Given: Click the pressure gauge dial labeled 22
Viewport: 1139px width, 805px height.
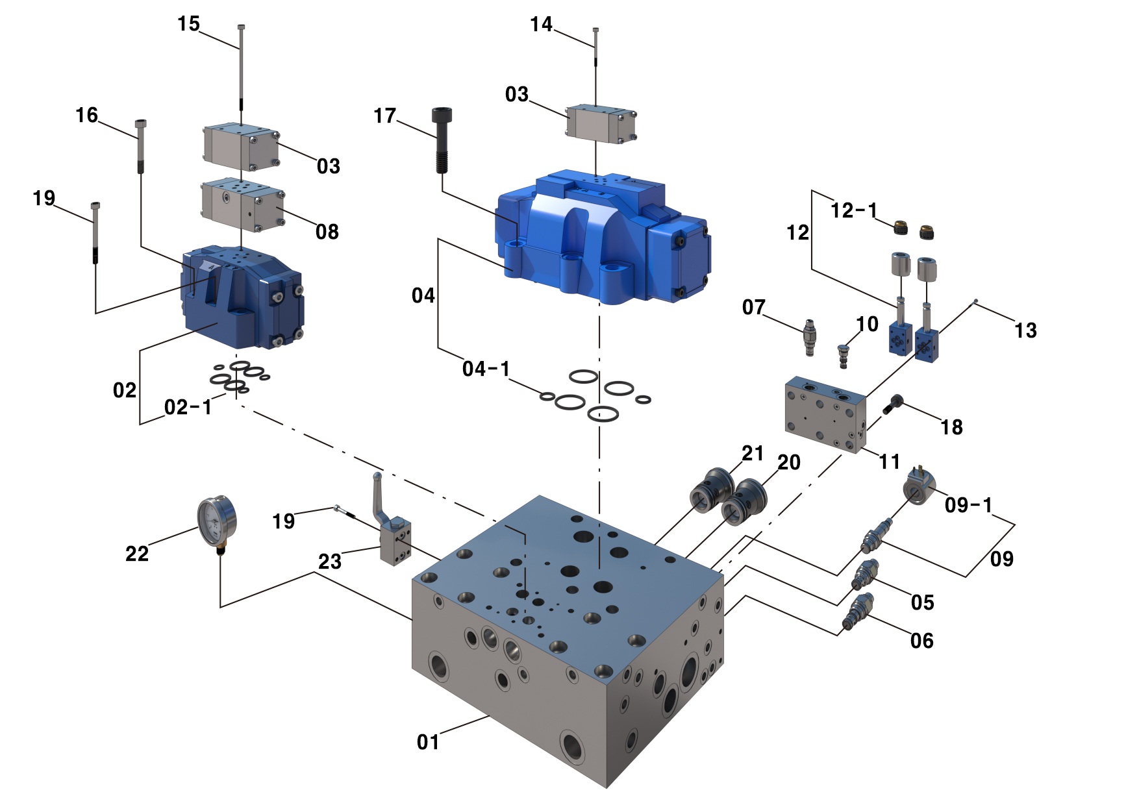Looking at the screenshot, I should pyautogui.click(x=216, y=521).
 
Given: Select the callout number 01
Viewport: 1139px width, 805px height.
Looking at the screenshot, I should pyautogui.click(x=428, y=742).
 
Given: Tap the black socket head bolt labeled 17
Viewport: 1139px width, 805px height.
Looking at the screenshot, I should pyautogui.click(x=442, y=140).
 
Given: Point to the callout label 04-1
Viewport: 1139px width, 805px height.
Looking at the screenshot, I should pyautogui.click(x=486, y=369).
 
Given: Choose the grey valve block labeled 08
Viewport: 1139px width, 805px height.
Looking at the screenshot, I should pyautogui.click(x=242, y=204).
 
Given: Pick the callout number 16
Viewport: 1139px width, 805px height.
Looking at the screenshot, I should pyautogui.click(x=86, y=116).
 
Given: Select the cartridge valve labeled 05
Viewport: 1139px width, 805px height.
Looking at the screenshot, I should pyautogui.click(x=864, y=575).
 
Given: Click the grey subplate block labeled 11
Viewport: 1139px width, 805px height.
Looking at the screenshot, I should pyautogui.click(x=825, y=414).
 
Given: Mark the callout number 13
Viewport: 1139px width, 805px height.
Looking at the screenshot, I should pyautogui.click(x=1025, y=330).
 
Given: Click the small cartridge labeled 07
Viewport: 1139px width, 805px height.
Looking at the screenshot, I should pyautogui.click(x=809, y=336).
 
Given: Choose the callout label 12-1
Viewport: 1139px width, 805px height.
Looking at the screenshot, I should pyautogui.click(x=854, y=210).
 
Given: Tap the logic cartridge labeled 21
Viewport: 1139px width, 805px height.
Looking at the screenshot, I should pyautogui.click(x=710, y=490).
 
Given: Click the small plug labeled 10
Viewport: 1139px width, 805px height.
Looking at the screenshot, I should pyautogui.click(x=844, y=355).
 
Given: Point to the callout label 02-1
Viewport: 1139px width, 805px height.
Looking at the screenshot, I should pyautogui.click(x=188, y=408).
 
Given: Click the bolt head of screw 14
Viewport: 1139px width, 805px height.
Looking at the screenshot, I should pyautogui.click(x=595, y=30).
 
